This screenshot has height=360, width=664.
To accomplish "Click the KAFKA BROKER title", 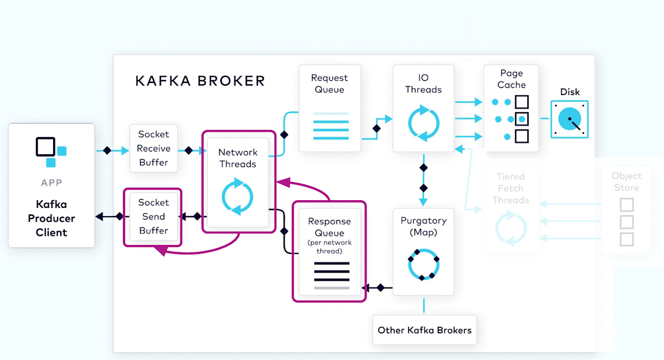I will [200, 81].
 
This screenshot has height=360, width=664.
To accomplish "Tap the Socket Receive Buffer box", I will [154, 148].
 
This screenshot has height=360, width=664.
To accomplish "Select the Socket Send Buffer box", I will [153, 217].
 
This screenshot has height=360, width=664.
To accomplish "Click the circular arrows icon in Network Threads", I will [237, 196].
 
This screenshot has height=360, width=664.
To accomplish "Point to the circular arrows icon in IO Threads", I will [423, 122].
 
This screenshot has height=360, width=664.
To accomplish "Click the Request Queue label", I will [329, 84].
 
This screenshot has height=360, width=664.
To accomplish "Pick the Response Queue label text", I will [329, 227].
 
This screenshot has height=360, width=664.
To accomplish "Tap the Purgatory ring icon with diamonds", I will [423, 265].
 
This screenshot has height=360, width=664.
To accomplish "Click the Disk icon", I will [569, 119].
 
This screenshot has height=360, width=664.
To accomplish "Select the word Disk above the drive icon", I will [570, 92].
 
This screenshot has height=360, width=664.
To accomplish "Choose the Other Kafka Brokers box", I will [424, 330].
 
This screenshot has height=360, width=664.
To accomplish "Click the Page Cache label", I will [511, 79].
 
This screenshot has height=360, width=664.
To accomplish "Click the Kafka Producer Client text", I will [51, 218].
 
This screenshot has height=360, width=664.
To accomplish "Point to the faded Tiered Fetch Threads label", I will [511, 189].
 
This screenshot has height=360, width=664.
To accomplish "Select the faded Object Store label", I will [626, 182].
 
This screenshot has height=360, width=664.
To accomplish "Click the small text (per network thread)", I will [329, 247].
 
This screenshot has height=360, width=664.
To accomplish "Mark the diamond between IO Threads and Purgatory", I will [423, 167].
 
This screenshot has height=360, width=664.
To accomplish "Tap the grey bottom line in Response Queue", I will [332, 288].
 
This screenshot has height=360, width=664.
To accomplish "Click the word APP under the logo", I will [51, 183].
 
